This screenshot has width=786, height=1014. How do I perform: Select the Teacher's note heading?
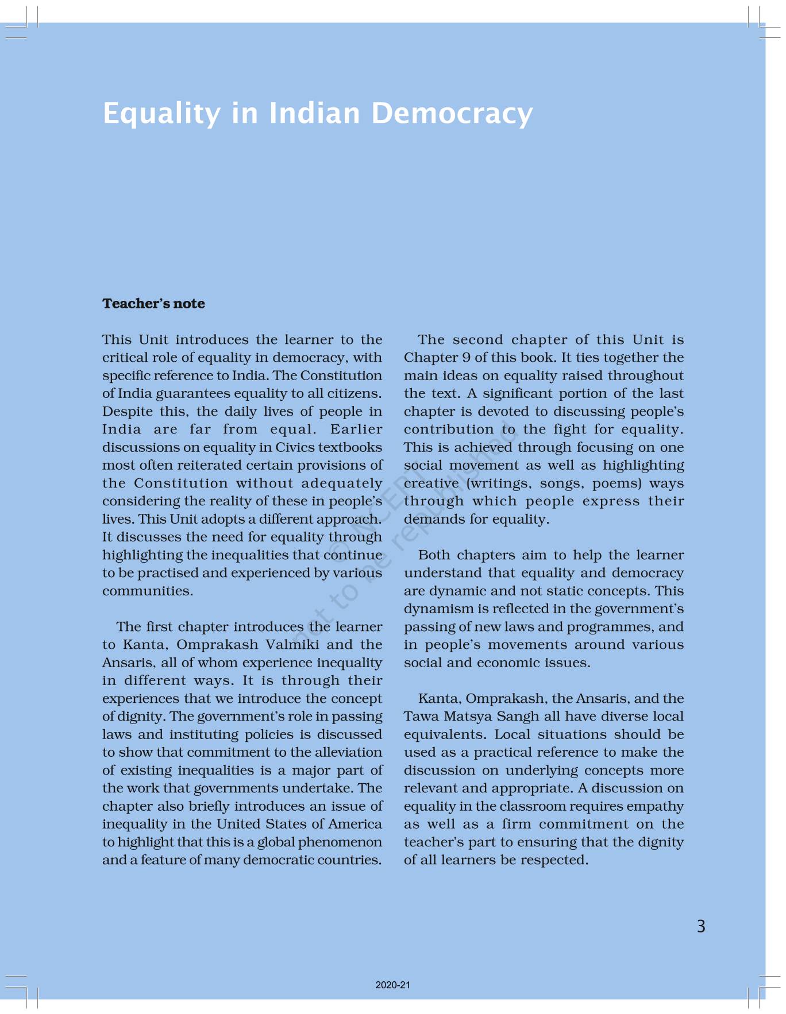click(x=153, y=303)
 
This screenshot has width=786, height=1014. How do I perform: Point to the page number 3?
click(x=700, y=926)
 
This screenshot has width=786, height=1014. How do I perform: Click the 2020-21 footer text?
click(x=393, y=985)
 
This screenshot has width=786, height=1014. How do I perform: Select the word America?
click(x=355, y=824)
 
